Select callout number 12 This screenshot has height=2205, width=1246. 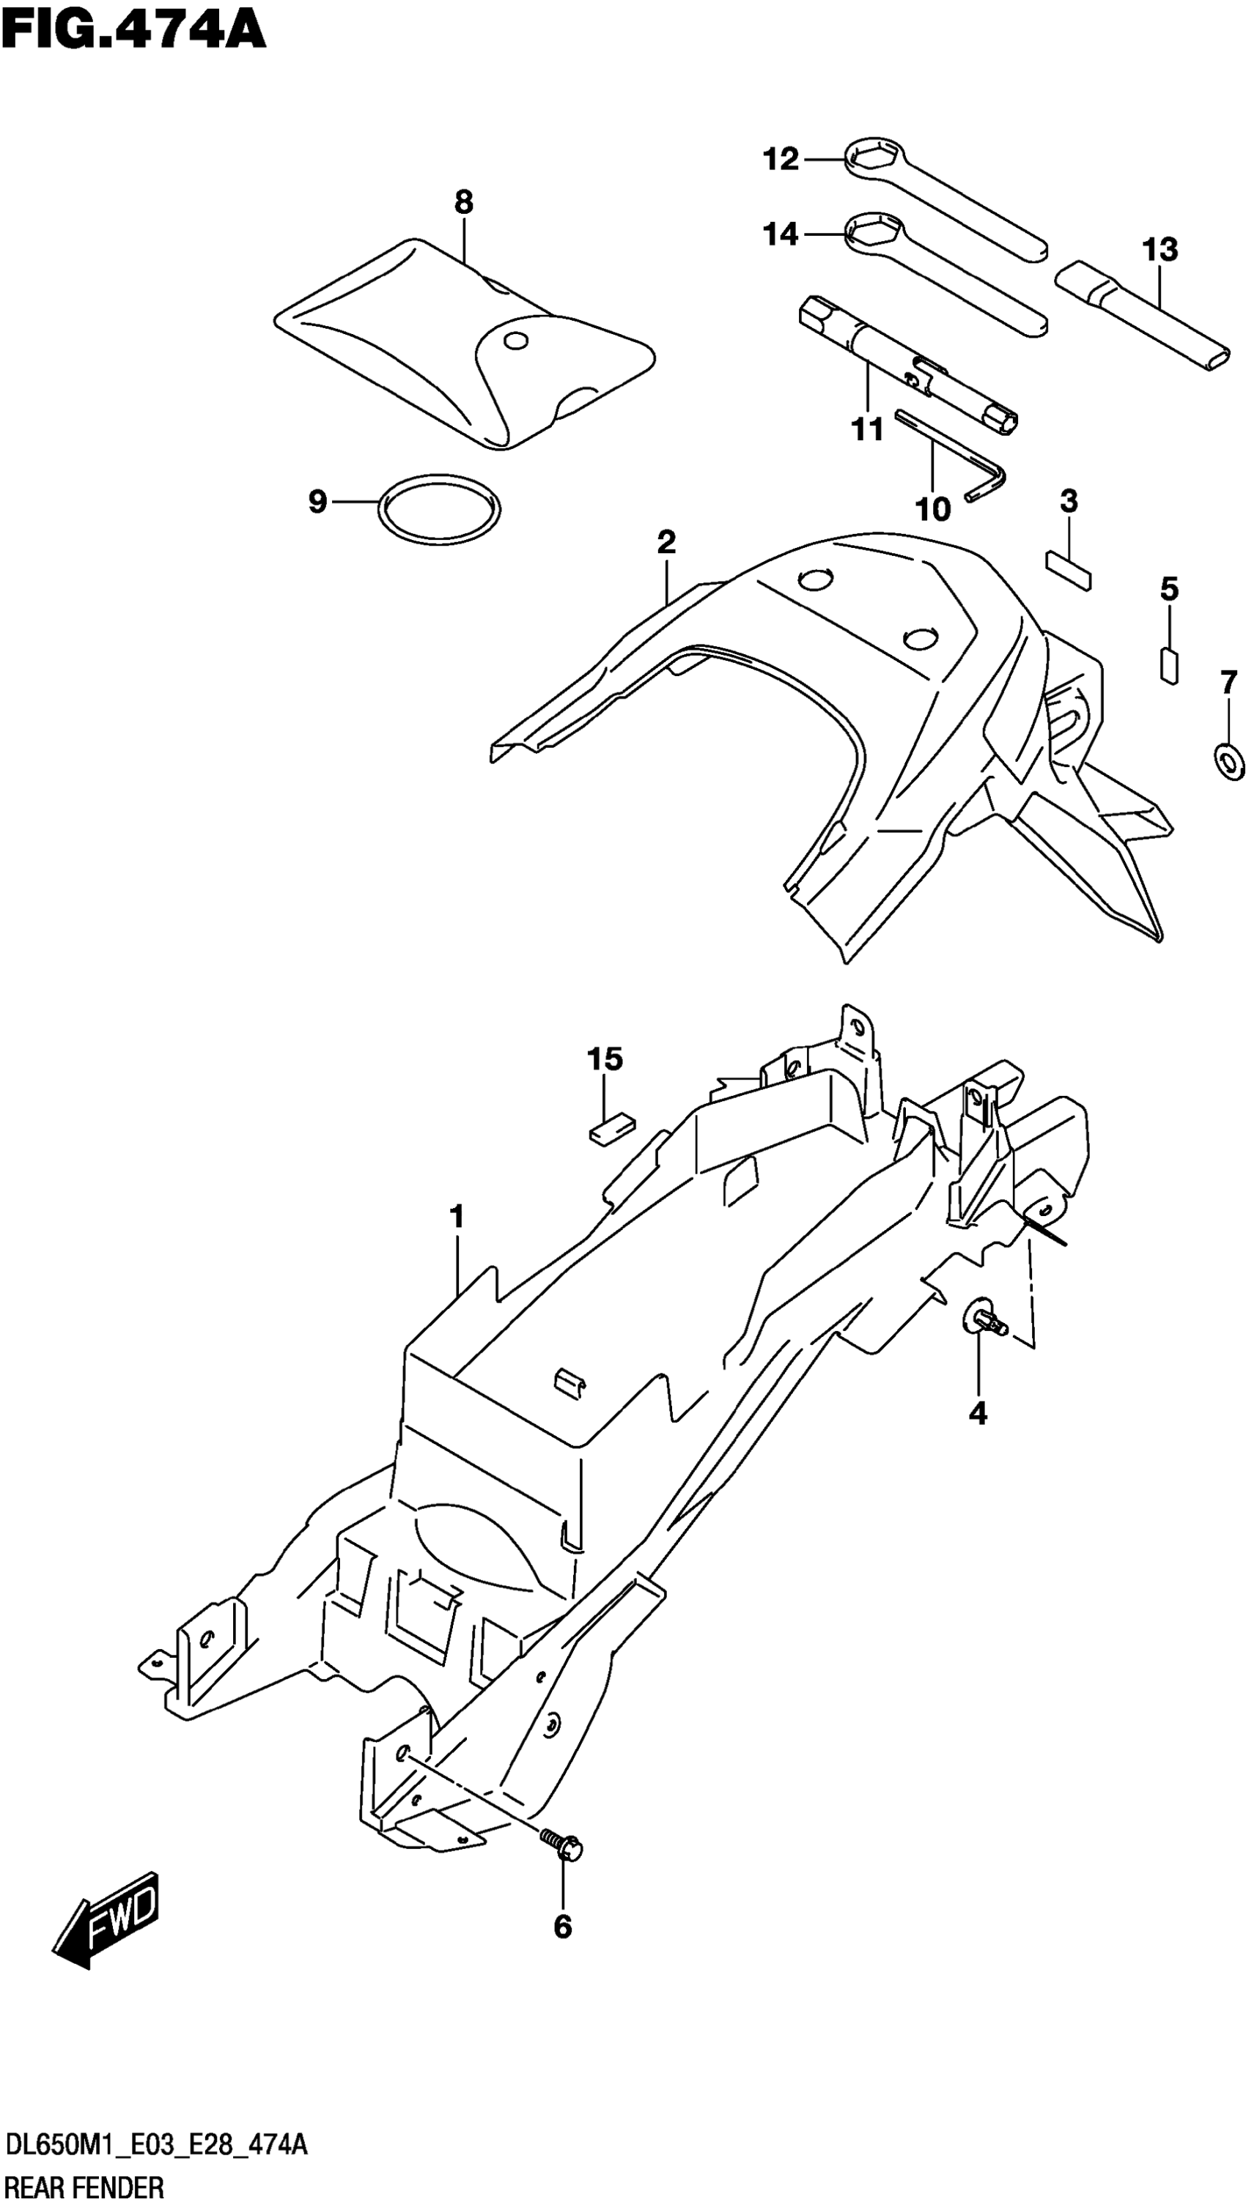pos(780,159)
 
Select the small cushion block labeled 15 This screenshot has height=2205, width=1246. pos(610,1129)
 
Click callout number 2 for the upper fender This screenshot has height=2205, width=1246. pos(666,542)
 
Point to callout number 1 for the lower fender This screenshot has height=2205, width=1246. pos(457,1216)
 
